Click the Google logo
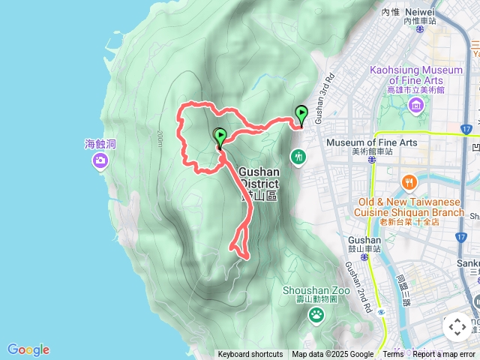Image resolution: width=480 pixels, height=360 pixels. pos(28,349)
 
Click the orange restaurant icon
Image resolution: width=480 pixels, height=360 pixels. pos(409,182)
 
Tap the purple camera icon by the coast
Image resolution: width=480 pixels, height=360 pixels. pos(100,160)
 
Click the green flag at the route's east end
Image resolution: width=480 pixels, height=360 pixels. pos(301,114)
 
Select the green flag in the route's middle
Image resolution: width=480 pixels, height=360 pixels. pos(220,136)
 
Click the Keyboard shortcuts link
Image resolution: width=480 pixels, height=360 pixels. pos(250,355)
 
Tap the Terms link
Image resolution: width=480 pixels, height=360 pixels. pos(393,355)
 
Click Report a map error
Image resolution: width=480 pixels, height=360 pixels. pos(444,355)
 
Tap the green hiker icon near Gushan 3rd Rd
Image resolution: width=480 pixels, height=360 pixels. pos(299,157)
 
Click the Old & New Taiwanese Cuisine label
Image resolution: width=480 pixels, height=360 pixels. pos(411,207)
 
